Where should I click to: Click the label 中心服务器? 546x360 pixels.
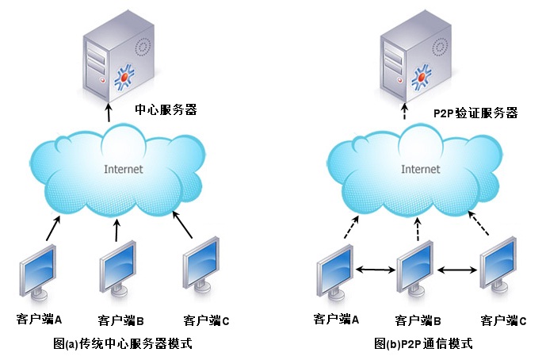[x=165, y=111]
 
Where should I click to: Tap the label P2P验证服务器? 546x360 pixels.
[x=475, y=113]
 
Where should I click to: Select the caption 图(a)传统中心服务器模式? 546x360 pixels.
[x=123, y=344]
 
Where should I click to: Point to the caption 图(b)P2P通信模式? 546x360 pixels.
[x=423, y=344]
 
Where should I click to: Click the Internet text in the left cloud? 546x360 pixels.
[x=124, y=170]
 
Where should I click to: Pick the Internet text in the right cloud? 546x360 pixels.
[x=420, y=170]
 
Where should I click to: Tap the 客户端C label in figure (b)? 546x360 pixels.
[x=505, y=320]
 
